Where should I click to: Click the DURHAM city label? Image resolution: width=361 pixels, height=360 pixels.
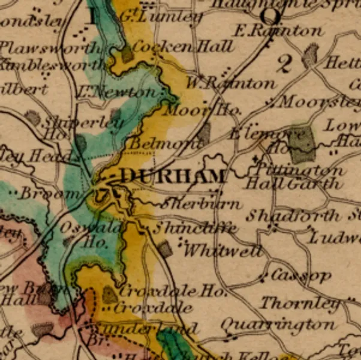point(174,176)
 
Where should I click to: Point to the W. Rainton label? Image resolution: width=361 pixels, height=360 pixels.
point(230,83)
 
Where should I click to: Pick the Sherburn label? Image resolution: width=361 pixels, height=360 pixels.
point(201,203)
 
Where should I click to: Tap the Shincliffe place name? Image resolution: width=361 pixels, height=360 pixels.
point(194,228)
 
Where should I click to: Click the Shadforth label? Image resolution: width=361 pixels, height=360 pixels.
point(293,215)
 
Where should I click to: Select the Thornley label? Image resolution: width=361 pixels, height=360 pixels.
point(299,303)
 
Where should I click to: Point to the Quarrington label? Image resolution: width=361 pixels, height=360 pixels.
point(278,325)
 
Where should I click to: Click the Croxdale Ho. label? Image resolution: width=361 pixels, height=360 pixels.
point(173,292)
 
